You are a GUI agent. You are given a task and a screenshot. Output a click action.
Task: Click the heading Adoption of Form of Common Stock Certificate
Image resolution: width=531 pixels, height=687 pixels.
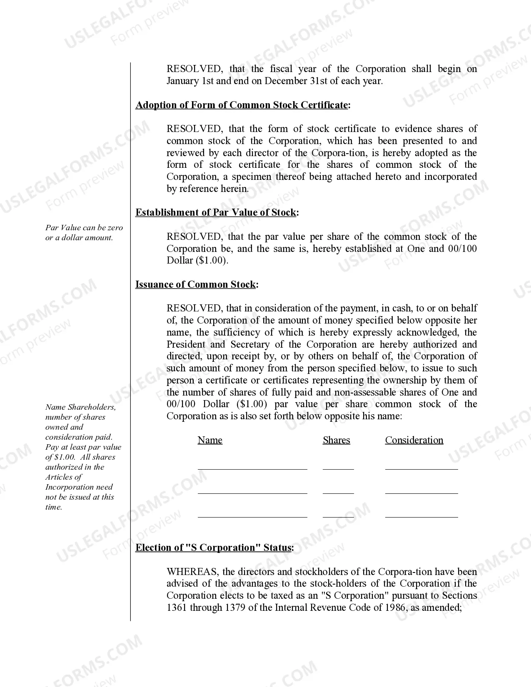pos(242,105)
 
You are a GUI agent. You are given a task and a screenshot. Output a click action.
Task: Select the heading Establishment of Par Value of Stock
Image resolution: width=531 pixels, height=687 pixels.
pos(216,212)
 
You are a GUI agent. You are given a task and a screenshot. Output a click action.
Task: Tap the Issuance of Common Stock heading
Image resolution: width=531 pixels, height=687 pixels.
pos(195,284)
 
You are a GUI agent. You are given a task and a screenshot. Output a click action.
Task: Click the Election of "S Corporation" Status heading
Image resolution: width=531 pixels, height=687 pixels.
pos(213,548)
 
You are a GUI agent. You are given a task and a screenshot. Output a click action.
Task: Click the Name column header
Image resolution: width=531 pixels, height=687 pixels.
pos(210,440)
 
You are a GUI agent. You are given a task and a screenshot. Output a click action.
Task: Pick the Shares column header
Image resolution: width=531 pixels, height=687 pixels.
pos(336,440)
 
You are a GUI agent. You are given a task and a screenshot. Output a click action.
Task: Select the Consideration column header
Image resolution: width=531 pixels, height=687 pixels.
pos(414,440)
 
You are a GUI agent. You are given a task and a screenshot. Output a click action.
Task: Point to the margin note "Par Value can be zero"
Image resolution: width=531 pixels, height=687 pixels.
pos(84,228)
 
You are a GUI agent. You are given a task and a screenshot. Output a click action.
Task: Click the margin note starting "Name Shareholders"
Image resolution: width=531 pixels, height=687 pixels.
pos(80,407)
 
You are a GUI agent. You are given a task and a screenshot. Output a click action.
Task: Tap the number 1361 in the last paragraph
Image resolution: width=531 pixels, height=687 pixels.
pos(177,607)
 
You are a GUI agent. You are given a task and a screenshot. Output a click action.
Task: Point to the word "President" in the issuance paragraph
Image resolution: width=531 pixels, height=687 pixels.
pos(186,344)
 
